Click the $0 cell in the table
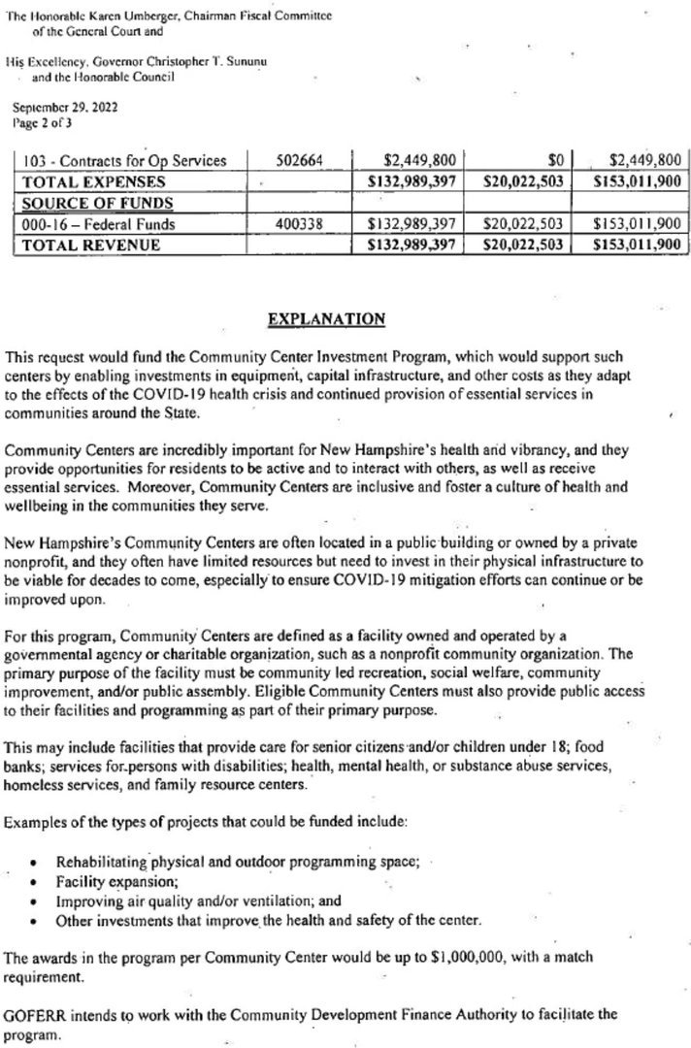click(555, 160)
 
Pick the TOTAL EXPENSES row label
click(94, 181)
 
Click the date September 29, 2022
click(63, 110)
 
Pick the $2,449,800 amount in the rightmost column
click(638, 160)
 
